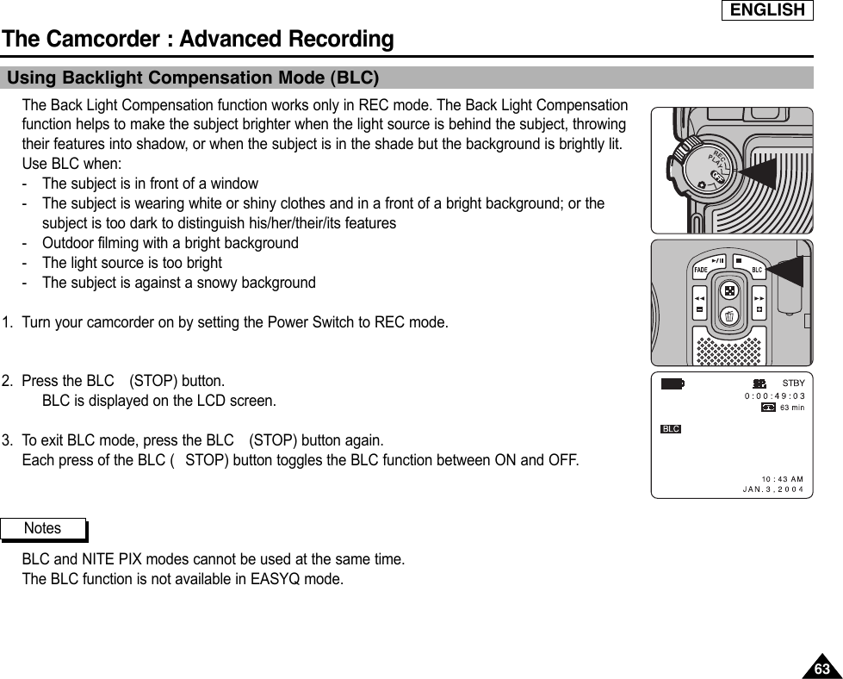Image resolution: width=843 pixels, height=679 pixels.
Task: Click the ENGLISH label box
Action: (766, 10)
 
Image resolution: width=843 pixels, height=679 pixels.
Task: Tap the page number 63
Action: (822, 669)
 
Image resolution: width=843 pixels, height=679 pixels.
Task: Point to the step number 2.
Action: (7, 381)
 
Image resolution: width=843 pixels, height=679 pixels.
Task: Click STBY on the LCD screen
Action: (792, 383)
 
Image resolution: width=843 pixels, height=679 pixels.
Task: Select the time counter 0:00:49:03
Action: (774, 396)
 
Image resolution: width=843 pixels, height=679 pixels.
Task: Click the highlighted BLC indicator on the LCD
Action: (671, 428)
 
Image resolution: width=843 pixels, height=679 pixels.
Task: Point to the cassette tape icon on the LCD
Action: (768, 408)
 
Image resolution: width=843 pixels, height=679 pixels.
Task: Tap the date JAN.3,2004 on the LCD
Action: (772, 489)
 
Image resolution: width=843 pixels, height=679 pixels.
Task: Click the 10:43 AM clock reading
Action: (782, 478)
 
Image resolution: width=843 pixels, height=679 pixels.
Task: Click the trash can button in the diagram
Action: (729, 317)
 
